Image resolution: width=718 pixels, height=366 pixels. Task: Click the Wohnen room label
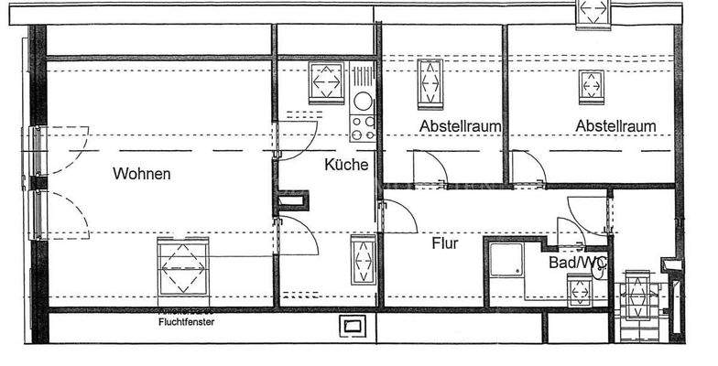coord(142,173)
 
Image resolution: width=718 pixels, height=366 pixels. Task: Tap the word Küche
coord(346,165)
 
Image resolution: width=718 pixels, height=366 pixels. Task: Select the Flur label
coord(445,244)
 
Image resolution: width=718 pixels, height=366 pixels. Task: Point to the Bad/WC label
coord(578,263)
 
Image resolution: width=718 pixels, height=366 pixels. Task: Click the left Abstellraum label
coord(460,125)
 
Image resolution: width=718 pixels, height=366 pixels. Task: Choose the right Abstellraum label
coord(615,125)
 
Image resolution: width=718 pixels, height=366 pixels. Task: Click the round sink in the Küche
coord(364,101)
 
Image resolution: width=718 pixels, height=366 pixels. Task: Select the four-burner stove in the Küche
coord(364,127)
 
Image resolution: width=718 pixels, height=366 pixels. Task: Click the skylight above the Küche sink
coord(326,83)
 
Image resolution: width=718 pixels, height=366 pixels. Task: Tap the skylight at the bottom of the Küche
coord(364,261)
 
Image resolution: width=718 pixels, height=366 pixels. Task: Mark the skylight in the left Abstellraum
coord(430,83)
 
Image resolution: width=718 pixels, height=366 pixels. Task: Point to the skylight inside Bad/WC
coord(579,291)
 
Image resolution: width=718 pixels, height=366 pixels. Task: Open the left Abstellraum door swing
coord(428,168)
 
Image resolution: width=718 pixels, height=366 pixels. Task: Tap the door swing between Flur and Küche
coord(397,217)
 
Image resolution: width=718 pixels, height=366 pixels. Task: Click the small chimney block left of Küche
coord(296,202)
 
